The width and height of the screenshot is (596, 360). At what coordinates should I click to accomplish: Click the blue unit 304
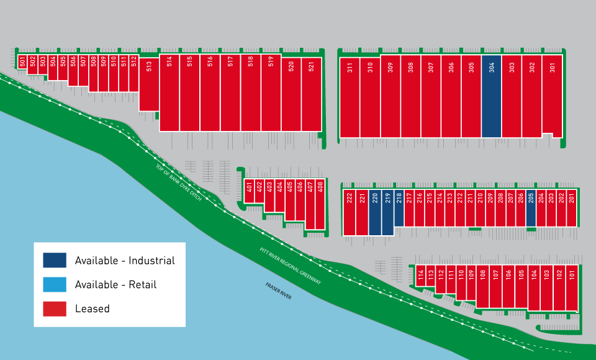coord(492,96)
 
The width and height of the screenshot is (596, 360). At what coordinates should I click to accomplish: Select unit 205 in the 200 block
coord(531,208)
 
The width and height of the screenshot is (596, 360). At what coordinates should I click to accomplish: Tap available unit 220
coord(375,212)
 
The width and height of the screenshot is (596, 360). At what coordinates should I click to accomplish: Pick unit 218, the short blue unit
coord(399,208)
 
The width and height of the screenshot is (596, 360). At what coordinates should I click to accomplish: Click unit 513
coord(149,84)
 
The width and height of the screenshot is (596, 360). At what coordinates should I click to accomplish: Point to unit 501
coord(22,61)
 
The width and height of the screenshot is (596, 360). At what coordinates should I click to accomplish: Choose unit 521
coord(312,94)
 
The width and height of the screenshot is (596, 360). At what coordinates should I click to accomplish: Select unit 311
coord(350,97)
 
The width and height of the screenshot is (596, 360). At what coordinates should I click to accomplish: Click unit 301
coord(553,95)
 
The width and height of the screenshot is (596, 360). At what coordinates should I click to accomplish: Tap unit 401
coord(250,191)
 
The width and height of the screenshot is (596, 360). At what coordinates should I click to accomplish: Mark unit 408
coord(320,204)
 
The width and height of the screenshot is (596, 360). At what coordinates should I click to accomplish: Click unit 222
coord(350,212)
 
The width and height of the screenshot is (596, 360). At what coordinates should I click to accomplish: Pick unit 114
coord(420,276)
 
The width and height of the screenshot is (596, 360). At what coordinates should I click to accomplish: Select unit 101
coord(572,288)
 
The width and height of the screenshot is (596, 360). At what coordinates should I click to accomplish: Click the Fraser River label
coord(279,291)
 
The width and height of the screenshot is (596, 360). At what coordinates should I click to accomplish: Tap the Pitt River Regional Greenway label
coord(291,266)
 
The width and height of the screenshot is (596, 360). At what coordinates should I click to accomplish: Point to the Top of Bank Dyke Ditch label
coord(179,182)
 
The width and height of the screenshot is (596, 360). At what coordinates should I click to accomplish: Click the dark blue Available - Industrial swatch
coord(55,261)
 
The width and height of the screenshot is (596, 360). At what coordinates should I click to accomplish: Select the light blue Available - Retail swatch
coord(55,284)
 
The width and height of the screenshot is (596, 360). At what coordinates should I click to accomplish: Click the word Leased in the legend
coord(93,308)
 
